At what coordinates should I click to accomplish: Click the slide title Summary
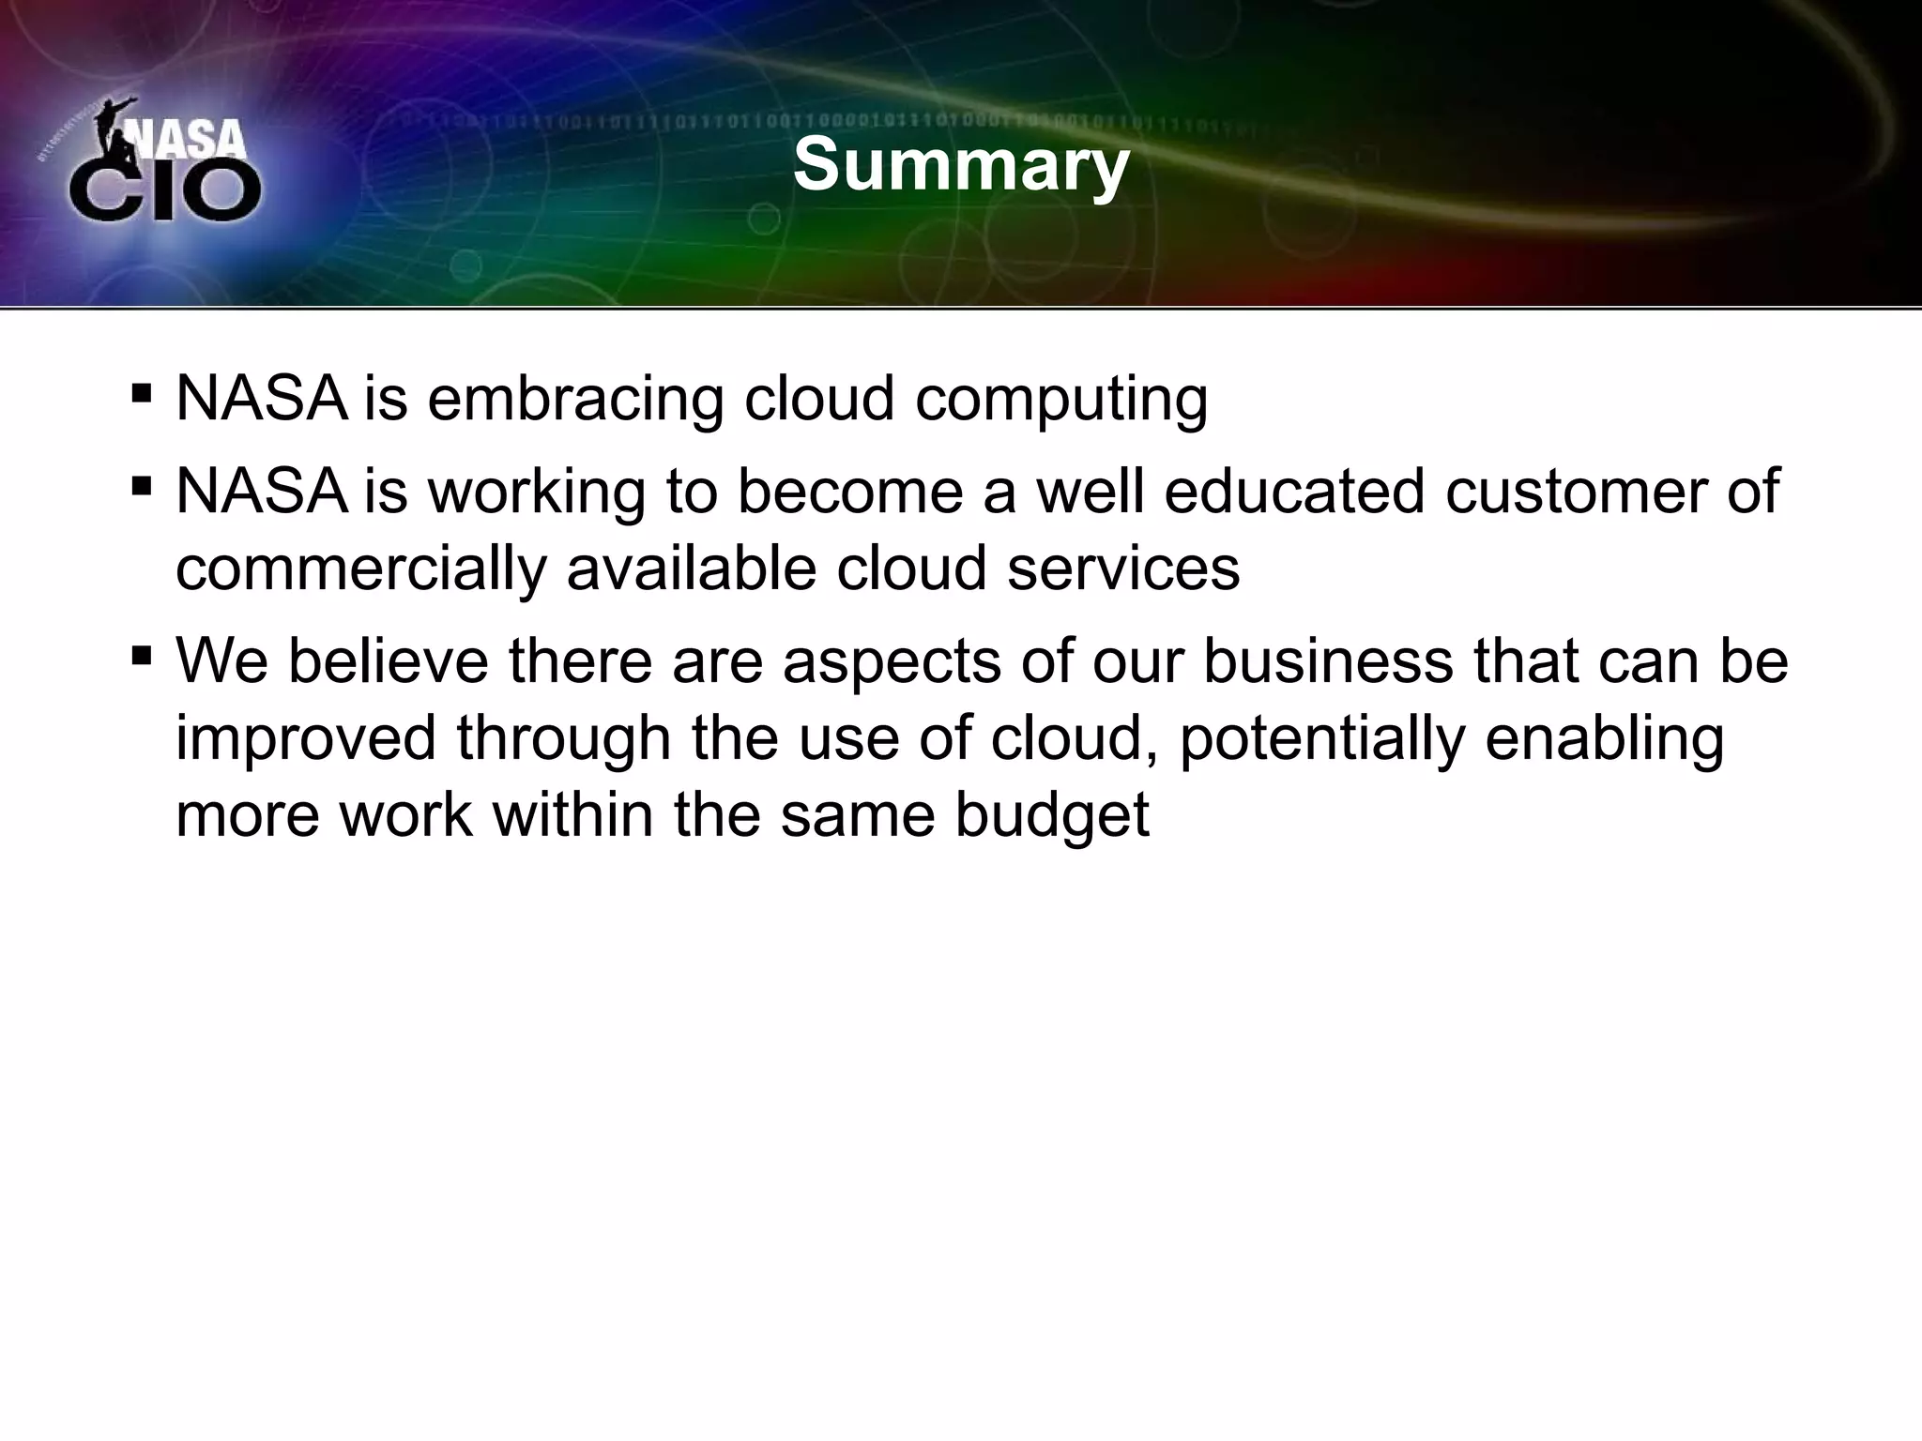point(961,166)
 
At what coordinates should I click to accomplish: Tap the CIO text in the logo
point(165,190)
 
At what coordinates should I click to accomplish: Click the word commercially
point(361,569)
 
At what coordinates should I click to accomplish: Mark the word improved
point(306,738)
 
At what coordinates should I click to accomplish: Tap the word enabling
point(1604,738)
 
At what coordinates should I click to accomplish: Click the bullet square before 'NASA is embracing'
point(142,391)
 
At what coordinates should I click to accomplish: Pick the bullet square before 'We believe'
point(142,654)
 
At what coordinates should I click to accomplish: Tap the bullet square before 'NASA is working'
point(142,484)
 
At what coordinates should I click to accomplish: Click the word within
point(572,813)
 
